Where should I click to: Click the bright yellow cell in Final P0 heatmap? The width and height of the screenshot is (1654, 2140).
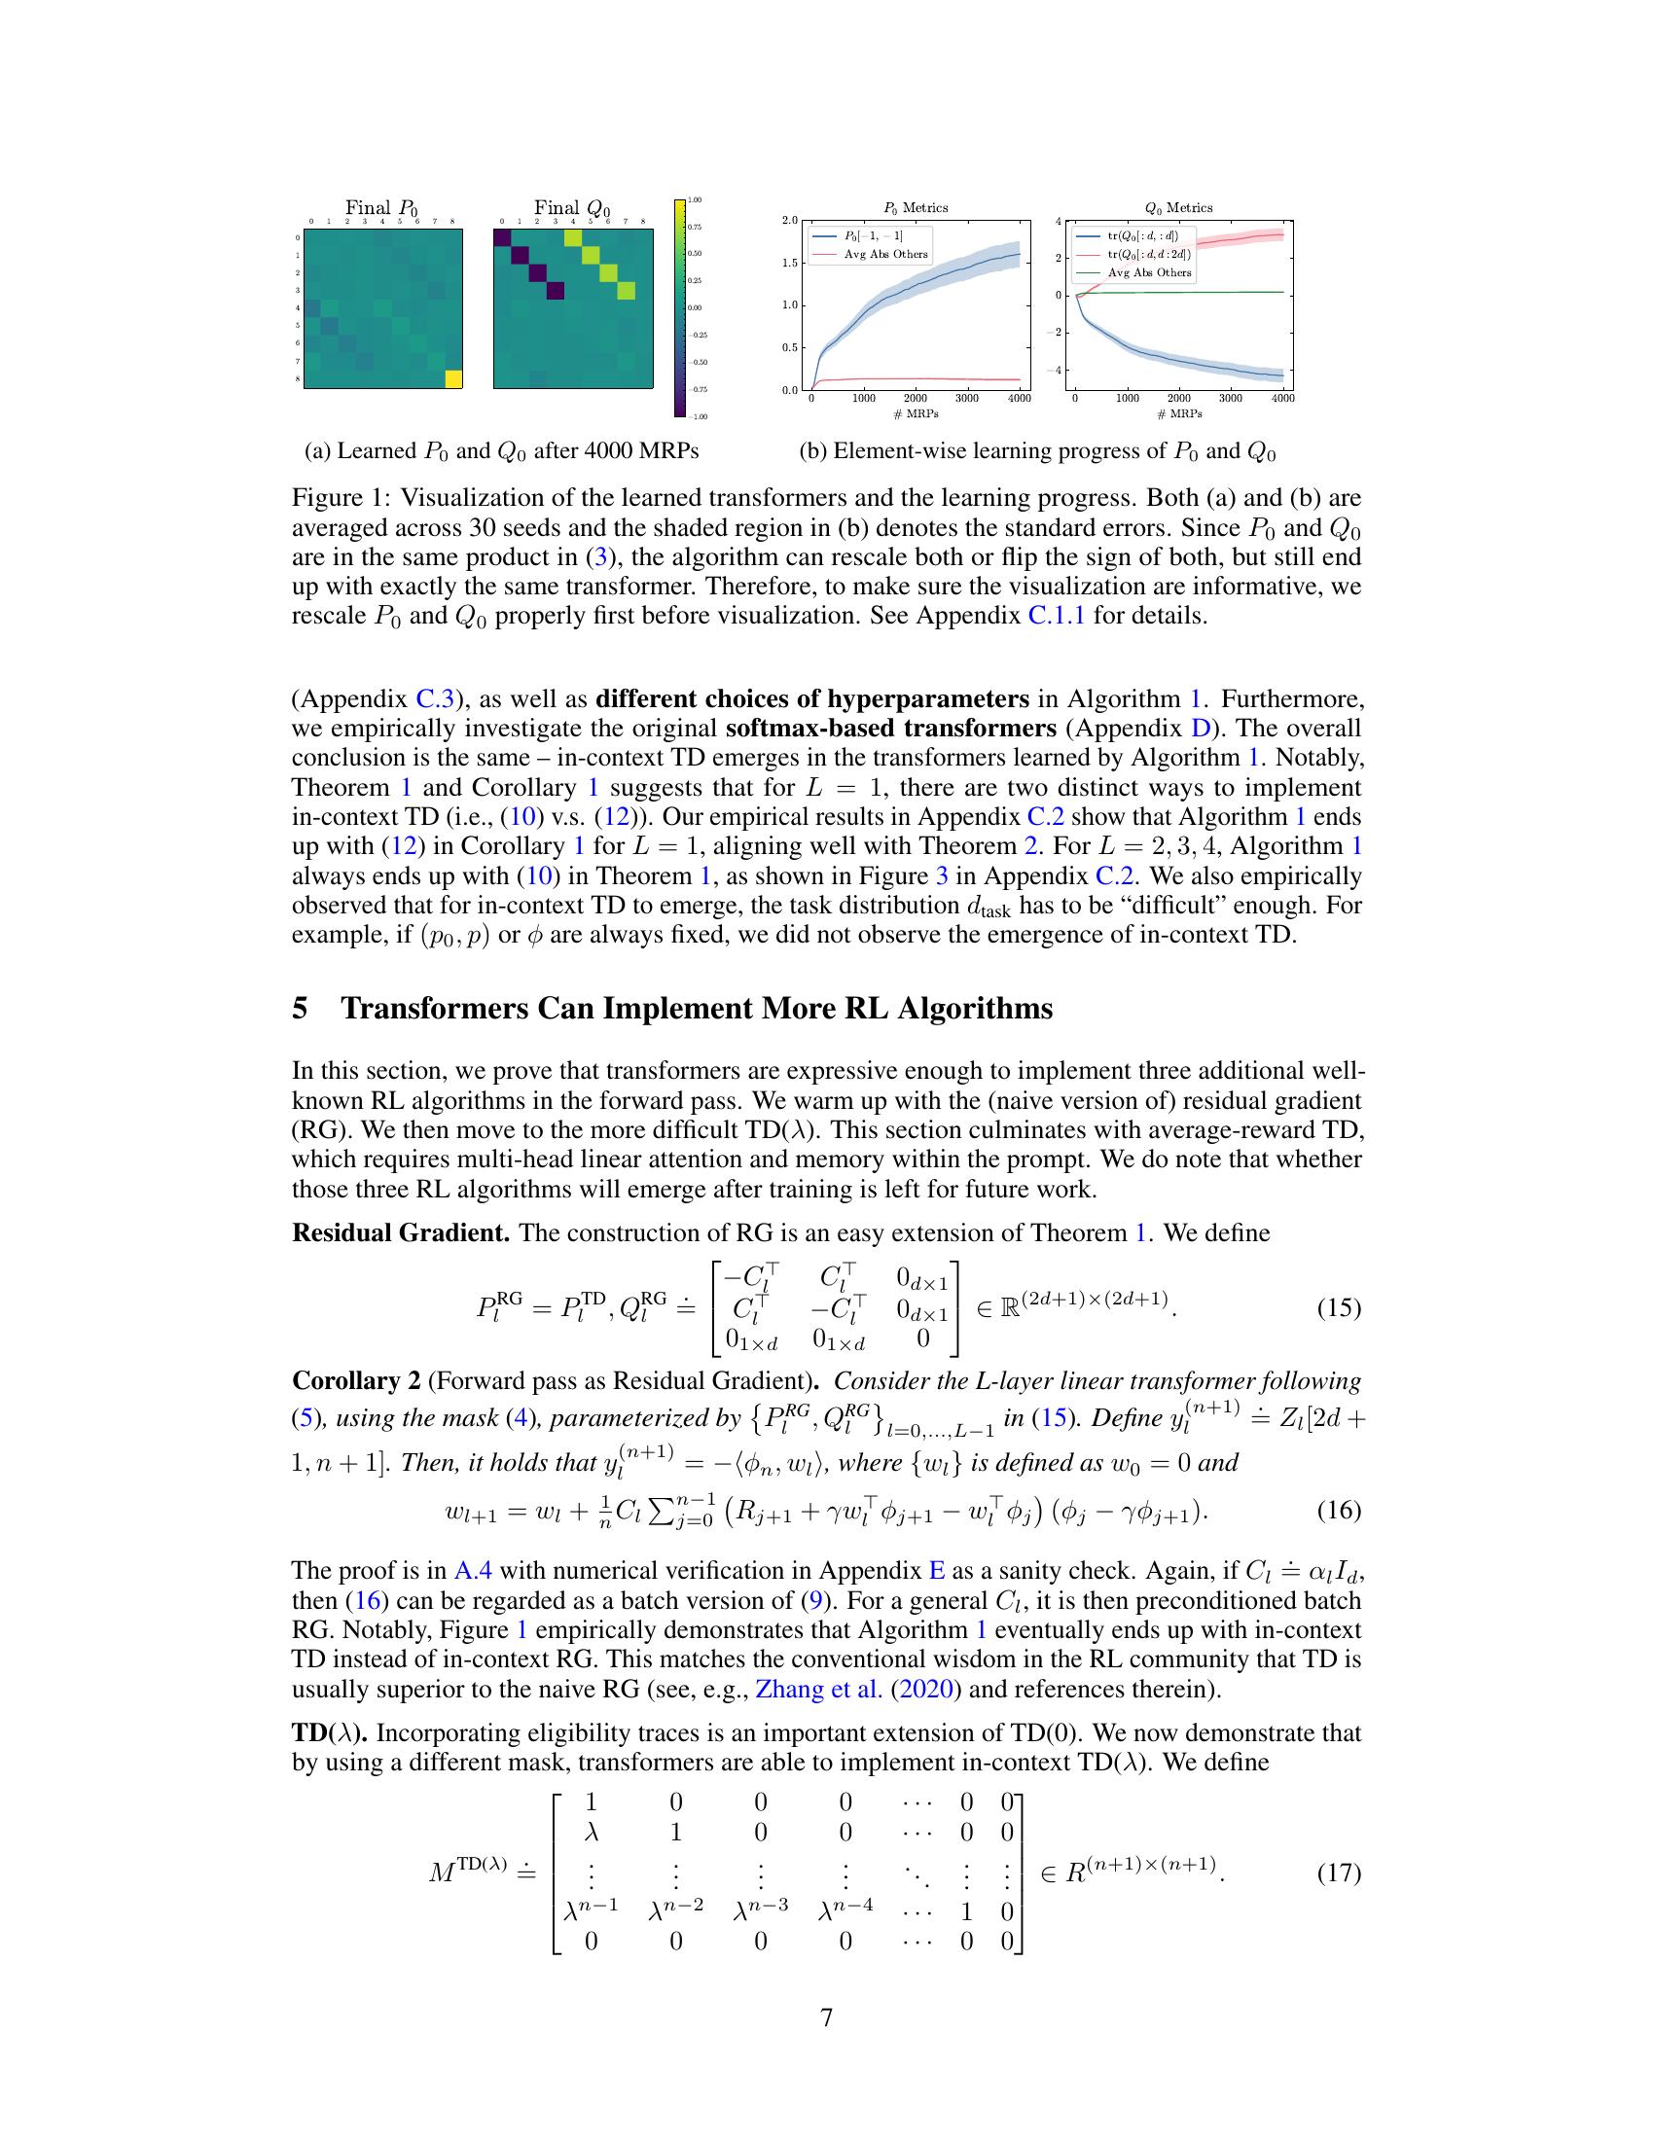451,379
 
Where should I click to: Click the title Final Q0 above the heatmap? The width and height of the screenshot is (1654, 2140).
571,208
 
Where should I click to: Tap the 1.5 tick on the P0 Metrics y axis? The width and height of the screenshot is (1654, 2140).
790,263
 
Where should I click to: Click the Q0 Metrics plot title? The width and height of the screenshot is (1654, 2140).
1179,208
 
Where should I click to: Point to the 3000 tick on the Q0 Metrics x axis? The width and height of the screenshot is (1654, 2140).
1231,398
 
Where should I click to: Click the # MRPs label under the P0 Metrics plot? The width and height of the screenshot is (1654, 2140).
915,413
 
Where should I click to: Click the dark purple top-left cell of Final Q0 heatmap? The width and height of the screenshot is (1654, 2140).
502,238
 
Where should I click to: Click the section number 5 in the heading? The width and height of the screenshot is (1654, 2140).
300,1009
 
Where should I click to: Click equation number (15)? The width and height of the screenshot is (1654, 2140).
1339,1307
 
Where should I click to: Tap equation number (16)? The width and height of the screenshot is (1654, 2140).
1339,1510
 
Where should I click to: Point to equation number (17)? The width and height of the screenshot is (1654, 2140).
1339,1872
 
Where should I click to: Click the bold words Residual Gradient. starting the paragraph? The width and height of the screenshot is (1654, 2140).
401,1232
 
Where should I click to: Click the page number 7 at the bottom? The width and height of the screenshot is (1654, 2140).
826,2016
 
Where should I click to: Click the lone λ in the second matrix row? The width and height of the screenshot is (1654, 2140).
591,1833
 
